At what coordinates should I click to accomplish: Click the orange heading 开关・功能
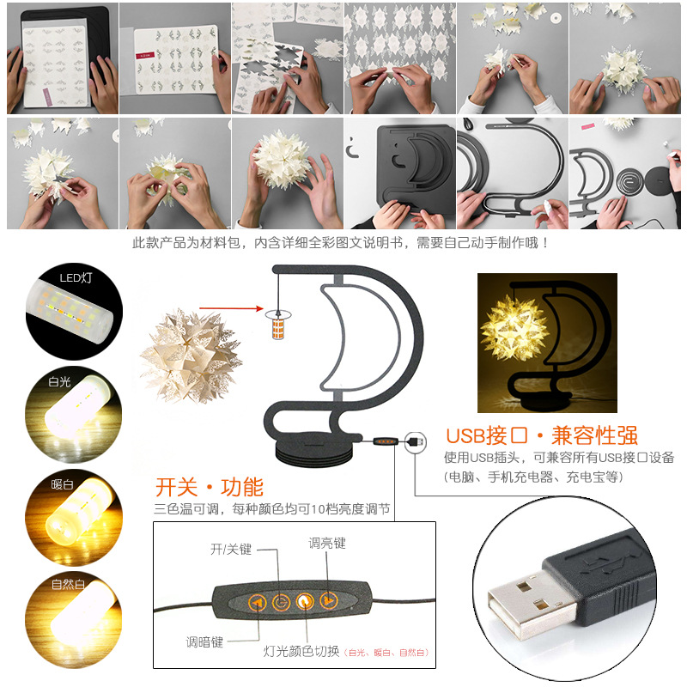(209, 487)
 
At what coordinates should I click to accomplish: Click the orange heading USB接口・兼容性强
(542, 435)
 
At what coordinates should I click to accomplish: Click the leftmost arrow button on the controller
(257, 603)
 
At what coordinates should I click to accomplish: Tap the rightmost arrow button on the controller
(327, 600)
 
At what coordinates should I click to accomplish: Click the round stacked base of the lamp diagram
(311, 452)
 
